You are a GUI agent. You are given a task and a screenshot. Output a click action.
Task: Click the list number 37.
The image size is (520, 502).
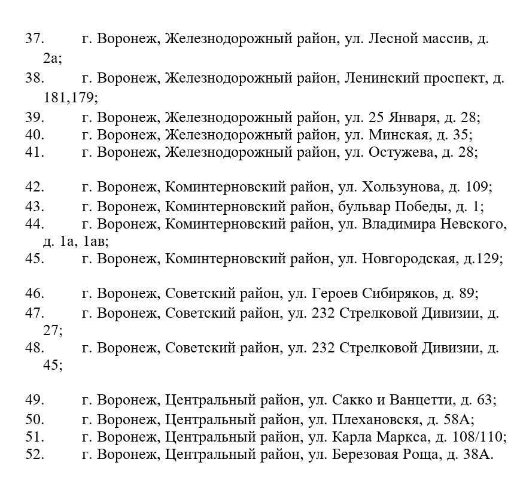pyautogui.click(x=35, y=39)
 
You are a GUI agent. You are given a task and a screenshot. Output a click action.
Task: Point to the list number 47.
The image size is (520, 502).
pyautogui.click(x=35, y=312)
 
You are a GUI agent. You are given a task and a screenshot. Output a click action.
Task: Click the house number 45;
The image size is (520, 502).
pyautogui.click(x=53, y=364)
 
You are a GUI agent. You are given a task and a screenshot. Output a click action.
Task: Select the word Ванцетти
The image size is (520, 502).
pyautogui.click(x=425, y=400)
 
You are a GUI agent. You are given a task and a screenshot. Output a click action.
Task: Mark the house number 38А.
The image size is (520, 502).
pyautogui.click(x=479, y=455)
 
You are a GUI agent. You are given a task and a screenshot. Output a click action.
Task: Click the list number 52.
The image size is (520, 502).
pyautogui.click(x=35, y=455)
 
